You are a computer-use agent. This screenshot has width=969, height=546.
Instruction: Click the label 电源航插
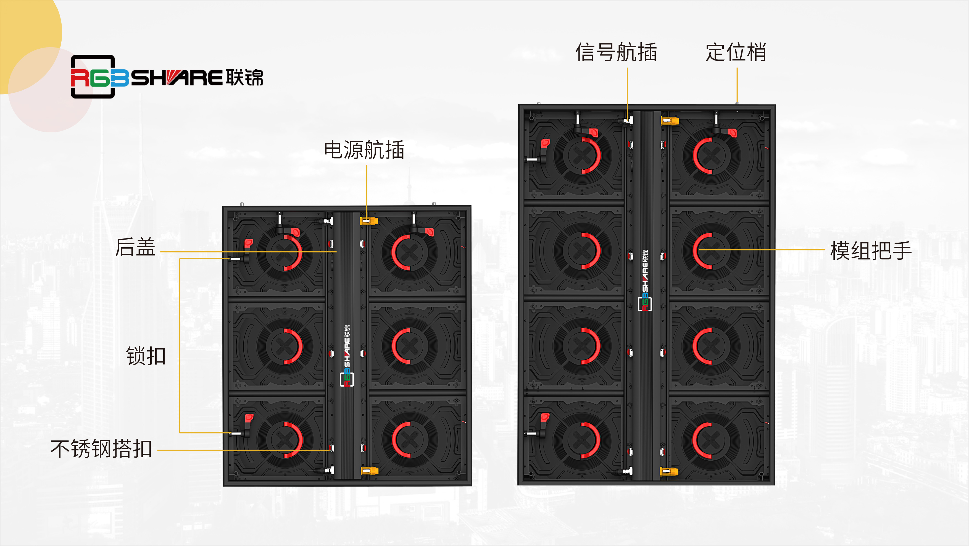tap(364, 150)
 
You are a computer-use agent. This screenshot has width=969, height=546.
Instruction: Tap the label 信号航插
tap(616, 52)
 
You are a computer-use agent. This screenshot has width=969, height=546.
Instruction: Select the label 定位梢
tap(736, 52)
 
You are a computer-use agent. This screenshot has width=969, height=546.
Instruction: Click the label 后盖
tap(135, 247)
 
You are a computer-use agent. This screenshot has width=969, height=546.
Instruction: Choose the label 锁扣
tap(146, 356)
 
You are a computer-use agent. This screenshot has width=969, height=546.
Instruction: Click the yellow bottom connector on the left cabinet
tap(369, 470)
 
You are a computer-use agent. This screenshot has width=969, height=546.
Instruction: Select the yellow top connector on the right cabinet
tap(670, 121)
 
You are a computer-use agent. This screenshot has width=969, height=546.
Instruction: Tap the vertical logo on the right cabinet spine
tap(645, 280)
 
